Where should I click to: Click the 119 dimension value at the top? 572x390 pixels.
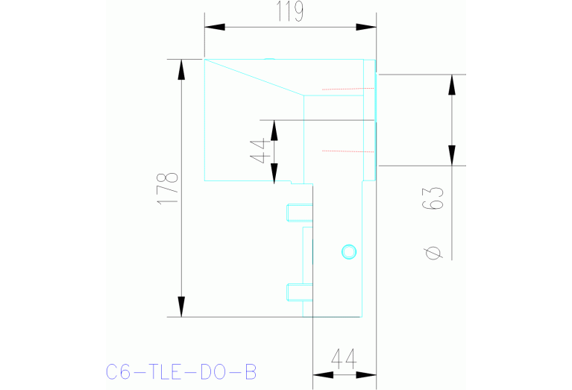tap(290, 12)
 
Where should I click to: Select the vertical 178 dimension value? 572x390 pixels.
tap(169, 189)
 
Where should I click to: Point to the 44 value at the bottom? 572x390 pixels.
tap(342, 359)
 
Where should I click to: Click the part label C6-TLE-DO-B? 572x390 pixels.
tap(181, 371)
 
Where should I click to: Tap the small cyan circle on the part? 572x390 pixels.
tap(348, 251)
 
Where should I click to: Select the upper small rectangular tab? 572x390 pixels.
tap(296, 213)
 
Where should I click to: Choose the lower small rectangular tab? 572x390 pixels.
tap(296, 292)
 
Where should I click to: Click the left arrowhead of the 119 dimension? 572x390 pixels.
tap(215, 28)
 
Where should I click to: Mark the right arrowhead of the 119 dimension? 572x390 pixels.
tap(366, 28)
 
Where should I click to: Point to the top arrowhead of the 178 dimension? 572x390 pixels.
tap(180, 69)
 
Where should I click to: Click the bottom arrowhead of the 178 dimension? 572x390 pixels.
tap(180, 306)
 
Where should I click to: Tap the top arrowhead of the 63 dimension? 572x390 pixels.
tap(450, 84)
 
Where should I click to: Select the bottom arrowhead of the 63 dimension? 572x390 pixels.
tap(450, 155)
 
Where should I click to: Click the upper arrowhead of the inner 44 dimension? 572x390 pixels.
tap(274, 130)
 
